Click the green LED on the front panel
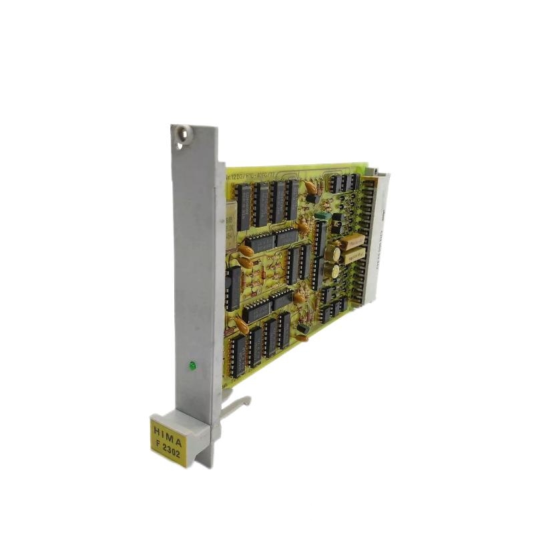[x=192, y=365]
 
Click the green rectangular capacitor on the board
[x=324, y=216]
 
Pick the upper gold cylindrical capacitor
[x=332, y=254]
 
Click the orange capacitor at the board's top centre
[x=310, y=188]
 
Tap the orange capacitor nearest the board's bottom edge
[x=302, y=338]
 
